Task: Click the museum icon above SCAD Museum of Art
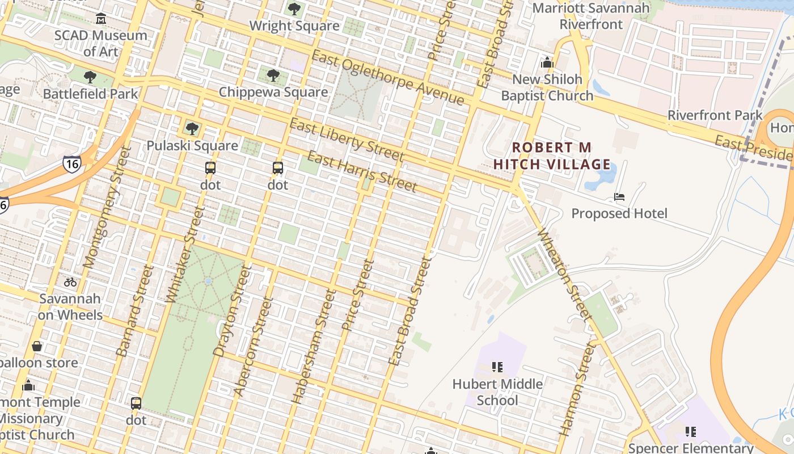[101, 19]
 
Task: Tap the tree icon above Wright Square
[294, 9]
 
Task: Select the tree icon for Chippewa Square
[273, 75]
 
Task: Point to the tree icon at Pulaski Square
[192, 129]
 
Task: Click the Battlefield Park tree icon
[90, 77]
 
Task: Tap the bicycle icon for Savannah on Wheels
[70, 281]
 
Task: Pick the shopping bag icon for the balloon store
[37, 346]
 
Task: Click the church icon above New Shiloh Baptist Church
[547, 62]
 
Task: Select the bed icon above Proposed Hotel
[619, 197]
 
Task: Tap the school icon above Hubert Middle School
[497, 367]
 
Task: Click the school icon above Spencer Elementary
[690, 432]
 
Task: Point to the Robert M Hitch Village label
[552, 156]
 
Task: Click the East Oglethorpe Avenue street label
[388, 78]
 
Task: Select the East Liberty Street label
[347, 140]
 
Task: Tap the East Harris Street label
[362, 171]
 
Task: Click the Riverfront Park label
[715, 115]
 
